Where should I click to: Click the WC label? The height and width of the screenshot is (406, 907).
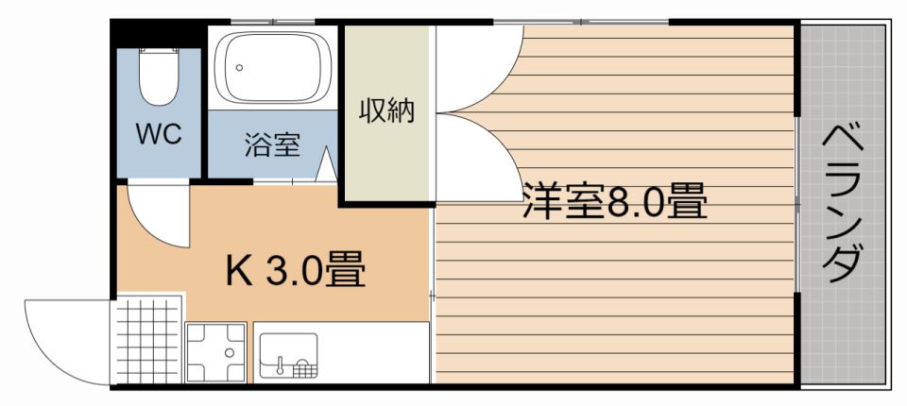(x=159, y=134)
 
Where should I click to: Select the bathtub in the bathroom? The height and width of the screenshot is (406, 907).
(x=272, y=67)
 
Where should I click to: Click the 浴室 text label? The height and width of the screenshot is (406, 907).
(x=272, y=144)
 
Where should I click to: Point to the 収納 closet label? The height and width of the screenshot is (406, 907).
(x=387, y=110)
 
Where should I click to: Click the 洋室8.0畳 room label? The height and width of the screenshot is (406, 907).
(x=615, y=200)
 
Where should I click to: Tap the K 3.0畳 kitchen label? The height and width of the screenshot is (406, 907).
(x=295, y=269)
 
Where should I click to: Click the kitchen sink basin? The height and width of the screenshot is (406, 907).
(x=288, y=355)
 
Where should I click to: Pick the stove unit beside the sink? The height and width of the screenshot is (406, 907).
(x=215, y=352)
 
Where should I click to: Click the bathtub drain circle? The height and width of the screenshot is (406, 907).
(x=239, y=67)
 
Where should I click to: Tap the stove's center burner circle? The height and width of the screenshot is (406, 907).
(x=230, y=351)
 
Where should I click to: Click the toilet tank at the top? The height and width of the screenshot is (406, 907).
(x=159, y=51)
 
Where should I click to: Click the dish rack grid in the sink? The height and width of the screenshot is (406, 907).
(x=304, y=368)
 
